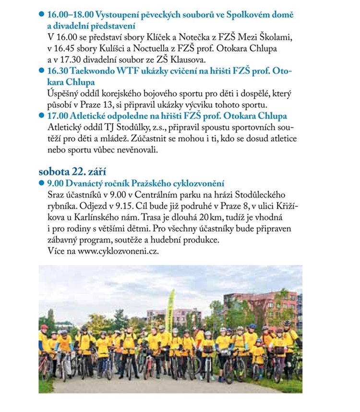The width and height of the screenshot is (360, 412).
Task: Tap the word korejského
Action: click(x=124, y=94)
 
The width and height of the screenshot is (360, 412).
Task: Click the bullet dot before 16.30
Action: click(x=41, y=71)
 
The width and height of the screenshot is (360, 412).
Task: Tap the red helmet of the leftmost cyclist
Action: click(x=44, y=327)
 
